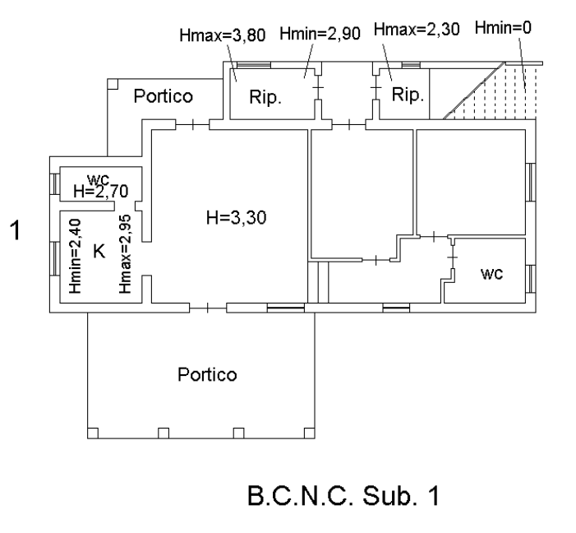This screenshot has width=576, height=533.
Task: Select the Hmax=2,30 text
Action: [413, 30]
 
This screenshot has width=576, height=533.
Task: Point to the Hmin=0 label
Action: [503, 27]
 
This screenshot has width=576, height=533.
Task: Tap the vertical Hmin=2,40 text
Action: [76, 256]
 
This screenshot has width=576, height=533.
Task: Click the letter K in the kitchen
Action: [99, 253]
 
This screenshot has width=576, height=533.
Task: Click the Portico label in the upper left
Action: [164, 96]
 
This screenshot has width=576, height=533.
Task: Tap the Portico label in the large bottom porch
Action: [207, 375]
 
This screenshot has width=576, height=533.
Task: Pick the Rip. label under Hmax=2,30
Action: [408, 95]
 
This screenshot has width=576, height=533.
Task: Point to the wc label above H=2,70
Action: [99, 178]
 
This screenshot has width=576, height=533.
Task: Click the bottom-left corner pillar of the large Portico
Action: [93, 432]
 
